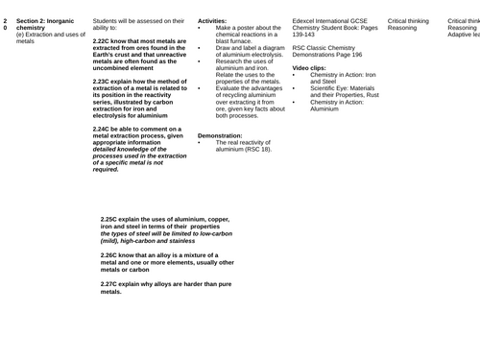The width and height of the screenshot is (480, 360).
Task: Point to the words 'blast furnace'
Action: [238, 42]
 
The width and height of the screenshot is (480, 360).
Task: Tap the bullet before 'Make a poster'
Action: [199, 28]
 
